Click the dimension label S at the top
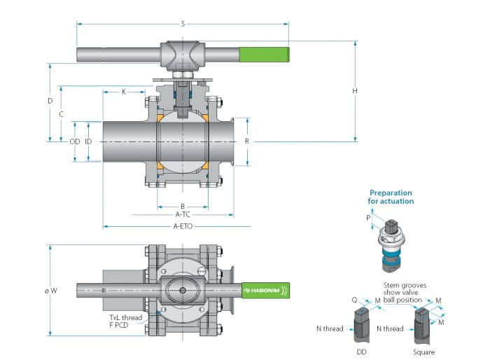183,24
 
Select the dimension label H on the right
355,91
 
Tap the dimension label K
124,92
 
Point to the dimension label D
50,101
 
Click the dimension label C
62,114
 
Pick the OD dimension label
75,141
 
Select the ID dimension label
88,141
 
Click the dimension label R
247,141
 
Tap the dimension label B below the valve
183,206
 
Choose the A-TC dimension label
183,214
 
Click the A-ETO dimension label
183,226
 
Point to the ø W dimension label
51,291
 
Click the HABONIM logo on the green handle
265,290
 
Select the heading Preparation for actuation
391,197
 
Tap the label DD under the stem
361,352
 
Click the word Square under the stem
423,352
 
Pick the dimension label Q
354,300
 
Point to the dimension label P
368,218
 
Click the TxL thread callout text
125,317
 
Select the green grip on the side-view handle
264,55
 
